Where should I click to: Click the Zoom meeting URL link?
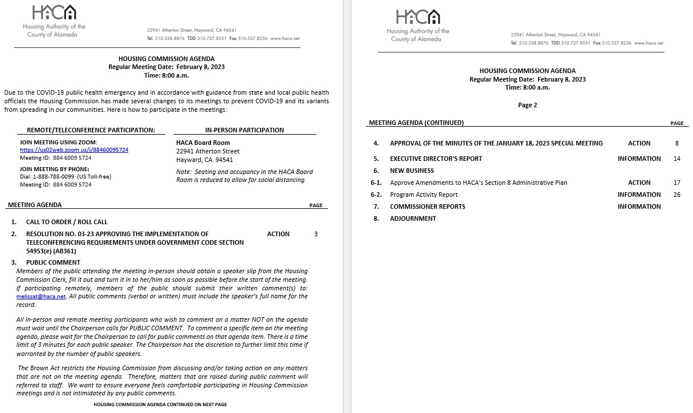click(74, 150)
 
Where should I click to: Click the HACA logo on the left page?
click(54, 13)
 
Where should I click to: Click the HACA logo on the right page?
click(418, 17)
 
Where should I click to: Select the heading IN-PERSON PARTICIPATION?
click(244, 130)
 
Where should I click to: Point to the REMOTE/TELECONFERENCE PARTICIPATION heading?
click(91, 130)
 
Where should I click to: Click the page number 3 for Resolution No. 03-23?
click(316, 234)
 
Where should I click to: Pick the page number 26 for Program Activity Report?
click(676, 195)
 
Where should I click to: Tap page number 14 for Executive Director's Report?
click(676, 159)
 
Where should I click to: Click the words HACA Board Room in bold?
click(203, 143)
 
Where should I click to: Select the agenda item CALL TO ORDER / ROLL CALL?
click(67, 222)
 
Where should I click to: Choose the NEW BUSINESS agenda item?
click(412, 171)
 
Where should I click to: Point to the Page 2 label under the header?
click(527, 105)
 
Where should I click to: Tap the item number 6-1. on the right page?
click(376, 183)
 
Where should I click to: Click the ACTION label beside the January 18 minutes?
click(639, 143)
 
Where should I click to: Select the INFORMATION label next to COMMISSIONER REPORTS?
click(639, 206)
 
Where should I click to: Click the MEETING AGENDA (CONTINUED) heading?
click(416, 123)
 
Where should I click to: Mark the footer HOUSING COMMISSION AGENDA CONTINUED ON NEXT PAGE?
click(160, 404)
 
